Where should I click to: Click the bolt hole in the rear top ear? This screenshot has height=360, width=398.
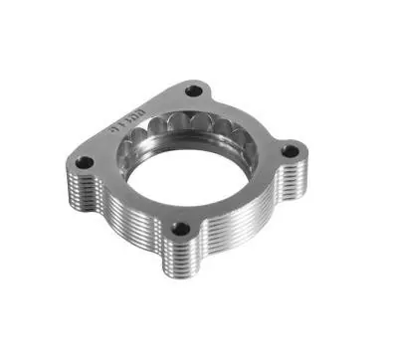(x=195, y=91)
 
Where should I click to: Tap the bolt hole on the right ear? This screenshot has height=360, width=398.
(x=291, y=151)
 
